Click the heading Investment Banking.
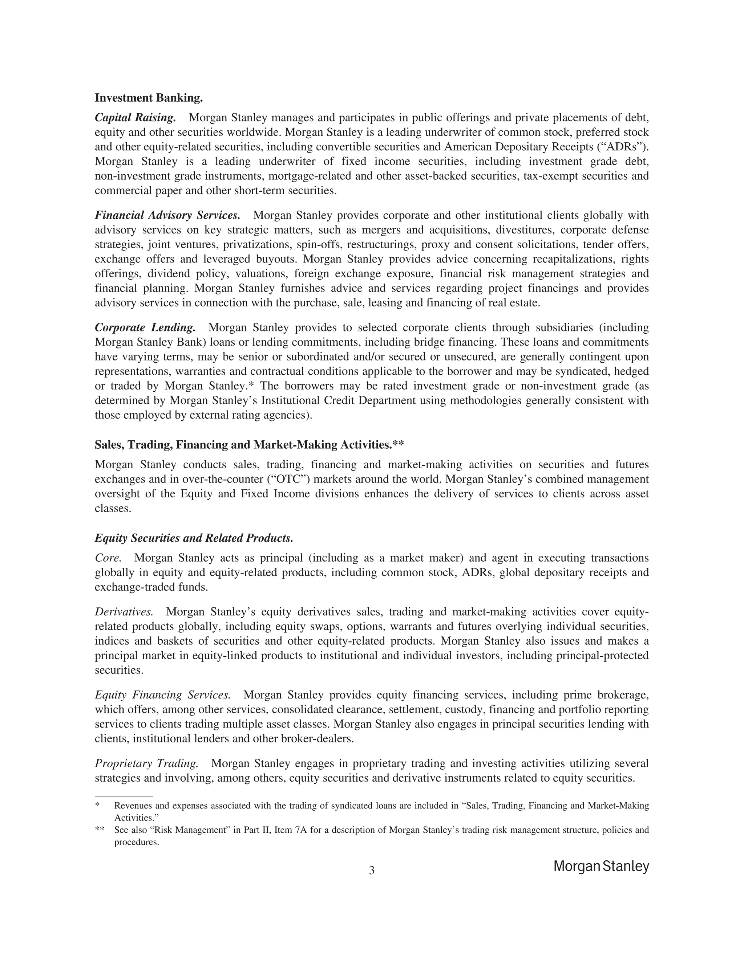tap(149, 98)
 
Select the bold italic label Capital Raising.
tap(135, 118)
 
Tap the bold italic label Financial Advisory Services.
tap(167, 215)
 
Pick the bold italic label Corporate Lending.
tap(145, 328)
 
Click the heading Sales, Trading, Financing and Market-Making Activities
tap(249, 445)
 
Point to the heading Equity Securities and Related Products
tap(194, 538)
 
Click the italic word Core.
tap(108, 558)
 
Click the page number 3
tap(372, 871)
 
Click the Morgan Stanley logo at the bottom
tap(601, 867)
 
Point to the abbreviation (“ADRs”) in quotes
tap(630, 147)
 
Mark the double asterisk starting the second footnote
tap(100, 830)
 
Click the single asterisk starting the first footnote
tap(97, 806)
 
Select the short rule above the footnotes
tap(124, 796)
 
